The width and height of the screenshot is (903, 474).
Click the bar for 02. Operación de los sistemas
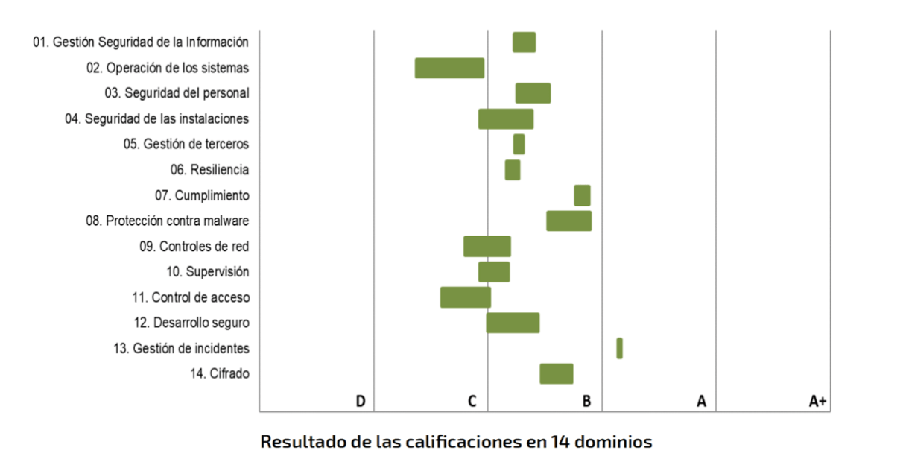coord(449,68)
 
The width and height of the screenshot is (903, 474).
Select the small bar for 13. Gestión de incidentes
coord(619,348)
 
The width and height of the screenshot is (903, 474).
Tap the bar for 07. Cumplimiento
coord(582,195)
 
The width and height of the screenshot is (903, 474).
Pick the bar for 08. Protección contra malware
coord(568,221)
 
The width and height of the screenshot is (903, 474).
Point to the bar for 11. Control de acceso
coord(465,297)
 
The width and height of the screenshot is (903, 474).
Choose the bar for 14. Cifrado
coord(556,373)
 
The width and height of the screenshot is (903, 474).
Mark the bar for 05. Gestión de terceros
coord(519,144)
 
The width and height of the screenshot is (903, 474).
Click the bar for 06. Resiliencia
coord(512,170)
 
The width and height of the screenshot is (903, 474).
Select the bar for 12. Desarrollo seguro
coord(513,323)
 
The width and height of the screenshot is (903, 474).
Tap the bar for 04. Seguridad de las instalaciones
coord(505,118)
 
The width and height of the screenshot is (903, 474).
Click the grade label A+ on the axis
coord(817,402)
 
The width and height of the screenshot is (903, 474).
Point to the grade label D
coord(360,402)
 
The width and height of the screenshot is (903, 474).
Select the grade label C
coord(472,402)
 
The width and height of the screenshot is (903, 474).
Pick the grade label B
coord(586,402)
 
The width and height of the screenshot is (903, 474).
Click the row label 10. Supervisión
coord(208,272)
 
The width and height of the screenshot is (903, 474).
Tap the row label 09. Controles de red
coord(194,247)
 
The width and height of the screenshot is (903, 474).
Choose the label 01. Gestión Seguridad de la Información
coord(141,42)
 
